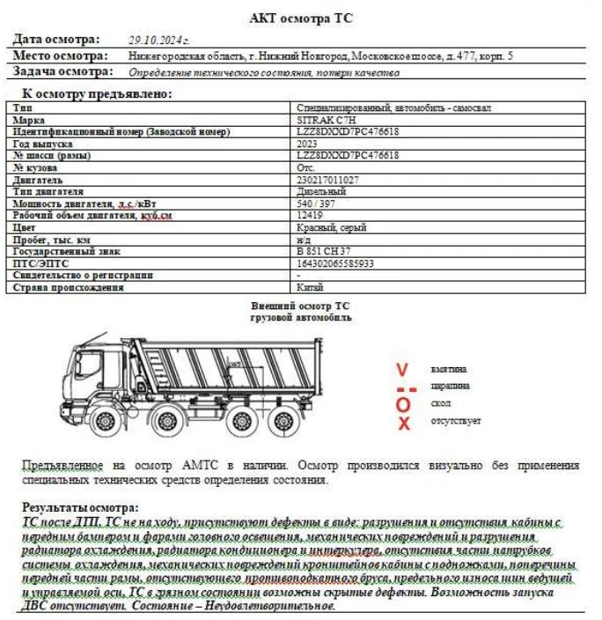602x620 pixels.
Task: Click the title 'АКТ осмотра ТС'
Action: pos(302,18)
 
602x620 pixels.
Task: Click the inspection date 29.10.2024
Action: pos(159,40)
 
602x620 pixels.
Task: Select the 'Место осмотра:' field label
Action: pos(60,55)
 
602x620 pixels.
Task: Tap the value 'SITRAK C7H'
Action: pos(327,120)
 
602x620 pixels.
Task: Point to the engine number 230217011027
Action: pos(328,180)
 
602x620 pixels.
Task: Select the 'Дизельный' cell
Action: pos(322,191)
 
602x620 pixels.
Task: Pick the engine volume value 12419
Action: pos(311,215)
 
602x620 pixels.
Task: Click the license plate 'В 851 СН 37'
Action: pos(325,251)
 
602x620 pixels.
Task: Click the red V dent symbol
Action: pos(402,369)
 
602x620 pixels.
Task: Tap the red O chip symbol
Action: pos(403,404)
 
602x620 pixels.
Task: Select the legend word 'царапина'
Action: pos(450,386)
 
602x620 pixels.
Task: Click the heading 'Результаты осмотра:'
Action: pos(80,508)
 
